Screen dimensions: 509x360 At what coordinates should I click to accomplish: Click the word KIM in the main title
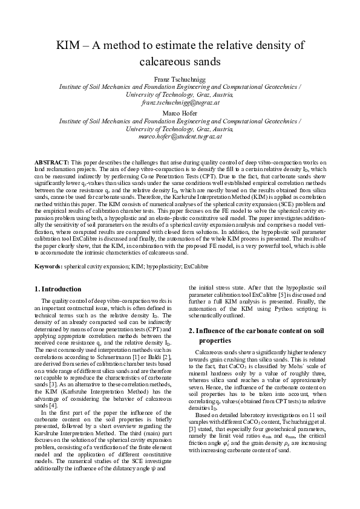pos(70,46)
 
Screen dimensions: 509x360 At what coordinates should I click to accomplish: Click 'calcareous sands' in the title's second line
pos(180,62)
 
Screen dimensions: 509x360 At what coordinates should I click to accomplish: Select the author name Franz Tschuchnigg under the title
pos(180,79)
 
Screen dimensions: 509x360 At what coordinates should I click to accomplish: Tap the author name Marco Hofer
pos(180,112)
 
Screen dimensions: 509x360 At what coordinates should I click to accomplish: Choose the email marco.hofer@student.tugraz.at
pos(180,137)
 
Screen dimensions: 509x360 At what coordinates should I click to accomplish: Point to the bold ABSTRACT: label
pos(51,163)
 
